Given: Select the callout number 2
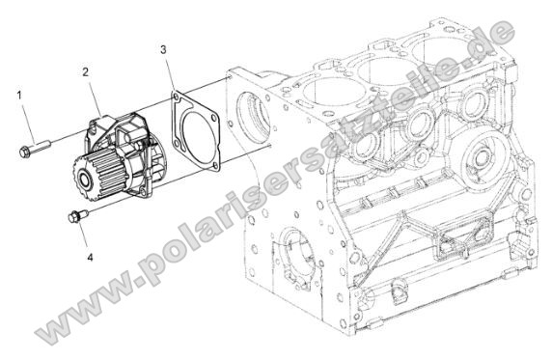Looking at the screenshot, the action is [86, 72].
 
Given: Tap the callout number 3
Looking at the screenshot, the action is [163, 49].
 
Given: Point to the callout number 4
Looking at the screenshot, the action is [90, 258].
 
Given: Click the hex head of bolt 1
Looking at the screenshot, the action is [24, 152].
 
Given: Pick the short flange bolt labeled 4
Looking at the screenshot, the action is [78, 215].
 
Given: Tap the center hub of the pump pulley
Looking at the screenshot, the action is [85, 180].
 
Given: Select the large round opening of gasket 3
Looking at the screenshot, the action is [198, 139].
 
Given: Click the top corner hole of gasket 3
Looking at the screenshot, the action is [175, 97].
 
